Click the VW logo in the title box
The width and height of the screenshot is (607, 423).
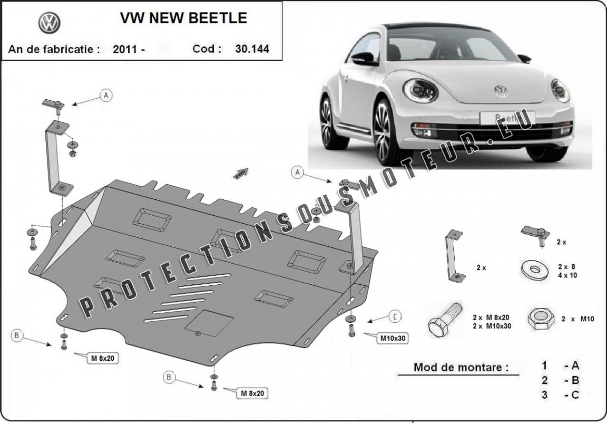point(49,23)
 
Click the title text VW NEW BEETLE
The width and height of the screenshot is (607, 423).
point(183,18)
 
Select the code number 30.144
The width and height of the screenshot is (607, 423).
point(252,49)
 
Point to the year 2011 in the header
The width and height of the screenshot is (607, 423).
point(125,49)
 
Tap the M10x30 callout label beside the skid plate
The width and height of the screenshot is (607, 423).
point(393,338)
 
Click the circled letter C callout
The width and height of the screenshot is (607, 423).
point(395,317)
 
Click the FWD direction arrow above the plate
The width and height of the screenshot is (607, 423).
point(240,174)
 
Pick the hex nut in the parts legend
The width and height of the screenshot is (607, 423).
point(541,319)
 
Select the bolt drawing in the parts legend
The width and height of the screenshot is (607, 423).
point(445,319)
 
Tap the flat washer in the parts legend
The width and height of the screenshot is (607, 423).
point(535,270)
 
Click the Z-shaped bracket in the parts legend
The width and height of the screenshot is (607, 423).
point(454,256)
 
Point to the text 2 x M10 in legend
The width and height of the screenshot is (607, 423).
point(577,319)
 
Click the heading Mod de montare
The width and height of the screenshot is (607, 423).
point(461,367)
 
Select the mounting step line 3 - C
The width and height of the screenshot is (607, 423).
point(560,395)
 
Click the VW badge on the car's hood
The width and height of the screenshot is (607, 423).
point(501,91)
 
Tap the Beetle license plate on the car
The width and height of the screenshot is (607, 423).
point(507,118)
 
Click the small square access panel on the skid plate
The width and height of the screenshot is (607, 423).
point(209,323)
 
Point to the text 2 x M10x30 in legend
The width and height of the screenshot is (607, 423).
point(492,326)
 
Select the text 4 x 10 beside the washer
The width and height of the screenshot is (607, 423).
point(567,275)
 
